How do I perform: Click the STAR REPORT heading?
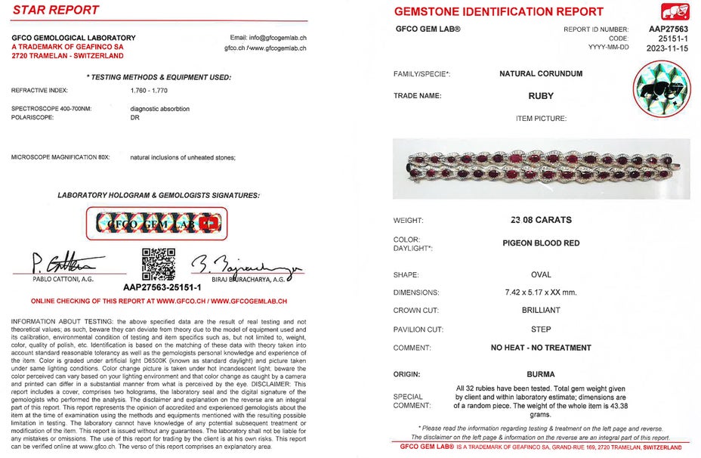tap(56, 11)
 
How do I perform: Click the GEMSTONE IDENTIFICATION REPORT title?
tap(499, 11)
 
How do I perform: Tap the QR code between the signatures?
tap(159, 264)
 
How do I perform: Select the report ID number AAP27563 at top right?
tap(668, 29)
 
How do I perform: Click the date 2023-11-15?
tap(668, 47)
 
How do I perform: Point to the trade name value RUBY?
tap(541, 96)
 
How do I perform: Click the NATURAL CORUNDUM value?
tap(541, 74)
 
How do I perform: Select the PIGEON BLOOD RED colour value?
tap(541, 243)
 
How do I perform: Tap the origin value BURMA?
tap(541, 374)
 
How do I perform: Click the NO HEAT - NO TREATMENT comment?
tap(541, 348)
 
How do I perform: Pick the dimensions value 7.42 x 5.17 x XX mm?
tap(541, 292)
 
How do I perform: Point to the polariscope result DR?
tap(135, 118)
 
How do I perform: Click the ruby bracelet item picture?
tap(541, 169)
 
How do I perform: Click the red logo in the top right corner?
tap(675, 11)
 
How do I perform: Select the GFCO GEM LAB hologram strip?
tap(158, 223)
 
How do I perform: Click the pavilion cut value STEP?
tap(541, 330)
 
